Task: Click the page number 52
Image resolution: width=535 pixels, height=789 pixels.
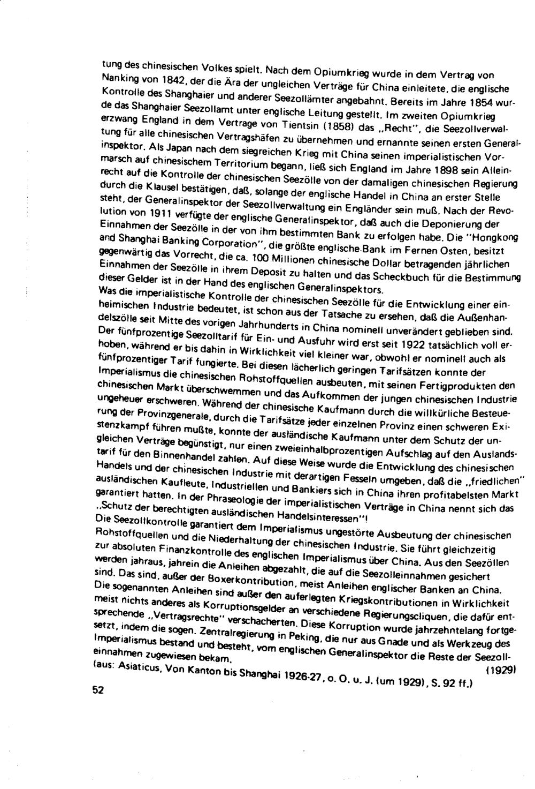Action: [x=97, y=690]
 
